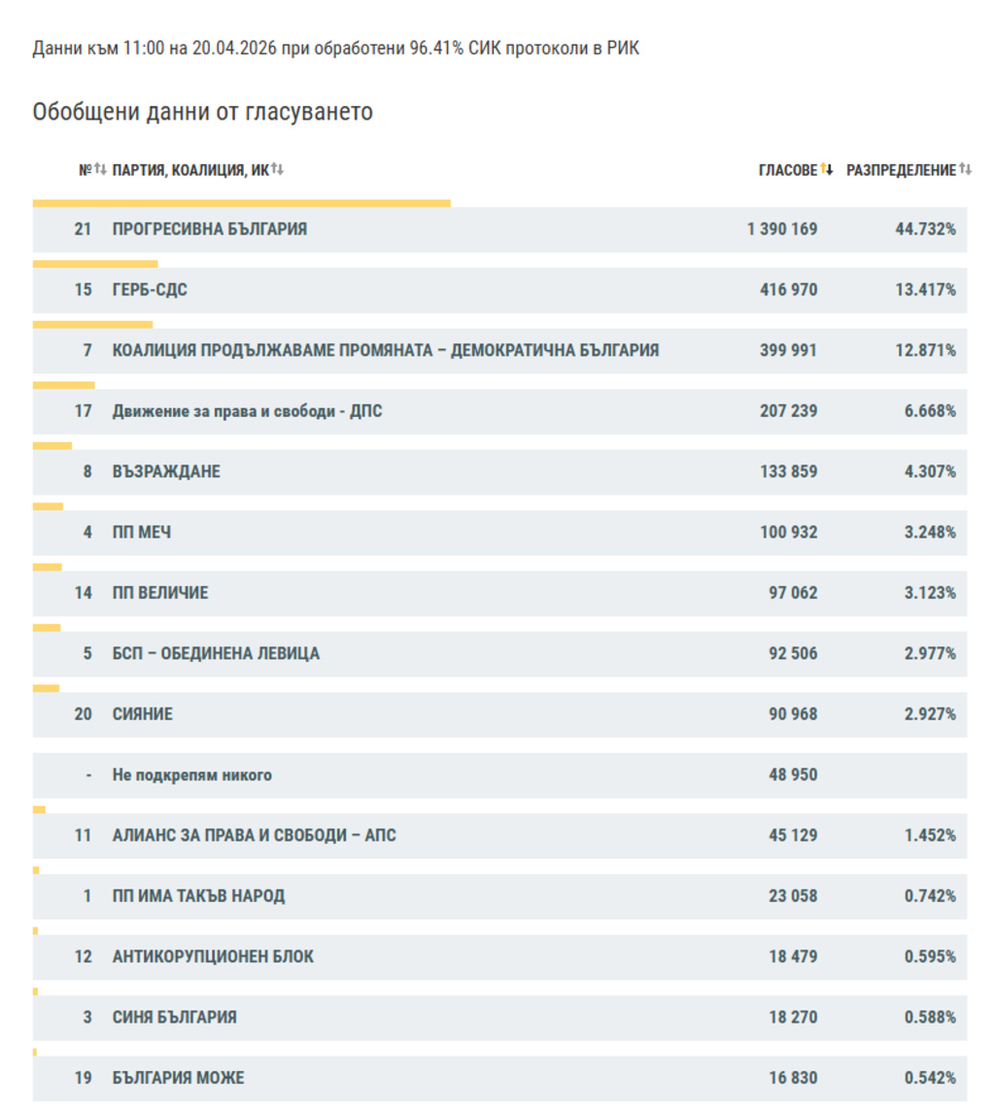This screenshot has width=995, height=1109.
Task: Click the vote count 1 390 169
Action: click(782, 229)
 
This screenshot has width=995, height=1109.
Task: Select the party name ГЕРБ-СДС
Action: click(150, 290)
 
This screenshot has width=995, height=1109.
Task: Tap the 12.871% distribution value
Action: click(925, 350)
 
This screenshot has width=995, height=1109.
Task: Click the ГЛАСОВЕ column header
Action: click(788, 170)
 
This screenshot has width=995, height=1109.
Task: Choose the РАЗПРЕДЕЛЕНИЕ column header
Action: click(901, 170)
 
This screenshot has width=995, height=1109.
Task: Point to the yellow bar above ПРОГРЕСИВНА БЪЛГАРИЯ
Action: click(241, 203)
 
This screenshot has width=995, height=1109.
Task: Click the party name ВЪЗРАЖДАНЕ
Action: click(166, 471)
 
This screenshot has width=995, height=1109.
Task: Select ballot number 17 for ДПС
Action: click(83, 411)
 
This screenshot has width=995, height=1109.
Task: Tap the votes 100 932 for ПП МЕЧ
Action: click(788, 533)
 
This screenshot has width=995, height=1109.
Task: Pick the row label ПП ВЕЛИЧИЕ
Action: click(159, 593)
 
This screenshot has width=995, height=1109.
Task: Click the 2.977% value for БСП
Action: click(929, 653)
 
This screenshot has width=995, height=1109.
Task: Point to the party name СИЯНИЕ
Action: click(142, 714)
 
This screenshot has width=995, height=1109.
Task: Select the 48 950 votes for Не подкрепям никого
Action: click(792, 775)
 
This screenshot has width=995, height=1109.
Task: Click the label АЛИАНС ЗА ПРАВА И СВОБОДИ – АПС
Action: click(254, 836)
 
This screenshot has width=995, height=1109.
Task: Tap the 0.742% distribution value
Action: click(929, 896)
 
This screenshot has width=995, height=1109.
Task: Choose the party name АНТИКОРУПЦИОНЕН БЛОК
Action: click(213, 957)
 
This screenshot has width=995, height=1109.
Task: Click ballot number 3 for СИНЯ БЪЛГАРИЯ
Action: click(87, 1018)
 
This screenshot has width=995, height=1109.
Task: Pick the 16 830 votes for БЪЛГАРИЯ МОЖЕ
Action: click(792, 1078)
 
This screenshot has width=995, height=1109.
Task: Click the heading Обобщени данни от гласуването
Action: click(202, 112)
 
